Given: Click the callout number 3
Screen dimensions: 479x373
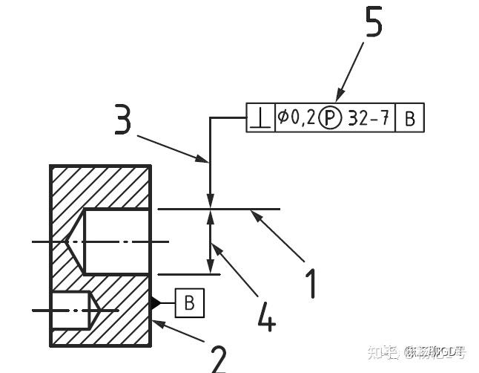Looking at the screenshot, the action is click(125, 119).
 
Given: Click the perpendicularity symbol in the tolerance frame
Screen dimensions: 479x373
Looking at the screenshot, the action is click(260, 117).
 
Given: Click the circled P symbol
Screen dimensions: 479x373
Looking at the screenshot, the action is click(331, 117).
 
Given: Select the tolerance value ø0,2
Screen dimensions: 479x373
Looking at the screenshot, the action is click(297, 117).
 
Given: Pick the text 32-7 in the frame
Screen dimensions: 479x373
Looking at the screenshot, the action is click(369, 117).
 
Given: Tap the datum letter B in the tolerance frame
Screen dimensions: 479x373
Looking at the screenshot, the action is click(410, 117).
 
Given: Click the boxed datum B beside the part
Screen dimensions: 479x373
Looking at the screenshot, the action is click(189, 302).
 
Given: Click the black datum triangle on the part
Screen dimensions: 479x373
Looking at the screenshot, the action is click(155, 302).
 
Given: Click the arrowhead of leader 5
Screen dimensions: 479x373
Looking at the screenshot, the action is click(339, 97).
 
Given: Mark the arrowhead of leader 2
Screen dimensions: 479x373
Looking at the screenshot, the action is click(156, 322).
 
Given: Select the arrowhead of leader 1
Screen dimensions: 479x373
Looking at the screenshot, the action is click(254, 214).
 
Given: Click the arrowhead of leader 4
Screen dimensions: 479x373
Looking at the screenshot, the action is click(214, 248).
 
